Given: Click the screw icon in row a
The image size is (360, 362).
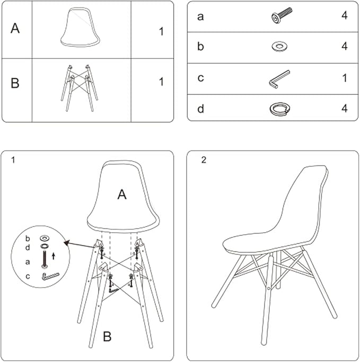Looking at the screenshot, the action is pyautogui.click(x=281, y=16).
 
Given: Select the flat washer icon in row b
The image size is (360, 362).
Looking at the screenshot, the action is pyautogui.click(x=279, y=47).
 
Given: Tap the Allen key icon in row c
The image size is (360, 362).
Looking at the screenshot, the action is pyautogui.click(x=278, y=80).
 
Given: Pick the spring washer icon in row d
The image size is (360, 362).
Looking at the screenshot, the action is pyautogui.click(x=280, y=109).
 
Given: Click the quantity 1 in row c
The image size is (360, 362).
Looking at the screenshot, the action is pyautogui.click(x=345, y=78).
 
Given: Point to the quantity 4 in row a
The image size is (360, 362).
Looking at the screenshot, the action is pyautogui.click(x=345, y=16).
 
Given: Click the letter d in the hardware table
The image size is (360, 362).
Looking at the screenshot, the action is pyautogui.click(x=200, y=109).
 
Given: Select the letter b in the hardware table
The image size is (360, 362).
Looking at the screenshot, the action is pyautogui.click(x=200, y=46).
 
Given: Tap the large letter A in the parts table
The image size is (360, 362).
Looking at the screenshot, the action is pyautogui.click(x=15, y=29).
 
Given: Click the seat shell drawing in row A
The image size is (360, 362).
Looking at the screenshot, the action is pyautogui.click(x=80, y=28).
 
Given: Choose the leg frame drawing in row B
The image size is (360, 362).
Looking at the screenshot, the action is pyautogui.click(x=79, y=88).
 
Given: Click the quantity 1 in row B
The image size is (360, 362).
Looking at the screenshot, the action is pyautogui.click(x=161, y=82).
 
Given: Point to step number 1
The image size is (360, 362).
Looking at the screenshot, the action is pyautogui.click(x=13, y=160).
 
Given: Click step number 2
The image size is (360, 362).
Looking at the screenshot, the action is pyautogui.click(x=204, y=160).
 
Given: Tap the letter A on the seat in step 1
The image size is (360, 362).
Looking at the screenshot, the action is pyautogui.click(x=122, y=195).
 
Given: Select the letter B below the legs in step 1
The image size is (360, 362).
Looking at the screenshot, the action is pyautogui.click(x=107, y=337).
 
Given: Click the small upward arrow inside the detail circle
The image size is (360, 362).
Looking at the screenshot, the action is pyautogui.click(x=54, y=256).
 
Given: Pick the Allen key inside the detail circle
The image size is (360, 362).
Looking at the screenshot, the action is pyautogui.click(x=50, y=276).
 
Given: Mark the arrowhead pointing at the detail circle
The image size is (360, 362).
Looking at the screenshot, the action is pyautogui.click(x=66, y=243).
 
